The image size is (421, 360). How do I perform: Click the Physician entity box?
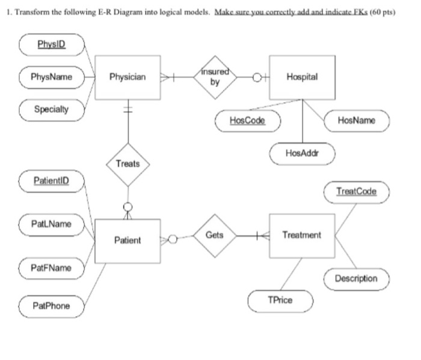128,78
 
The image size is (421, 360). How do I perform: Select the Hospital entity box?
302,78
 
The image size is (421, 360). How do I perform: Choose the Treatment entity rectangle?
302,235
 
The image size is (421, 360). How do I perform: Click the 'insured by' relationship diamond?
215,78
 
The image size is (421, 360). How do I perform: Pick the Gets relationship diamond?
215,235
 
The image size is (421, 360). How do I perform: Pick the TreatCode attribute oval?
357,191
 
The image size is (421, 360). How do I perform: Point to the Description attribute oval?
357,278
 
